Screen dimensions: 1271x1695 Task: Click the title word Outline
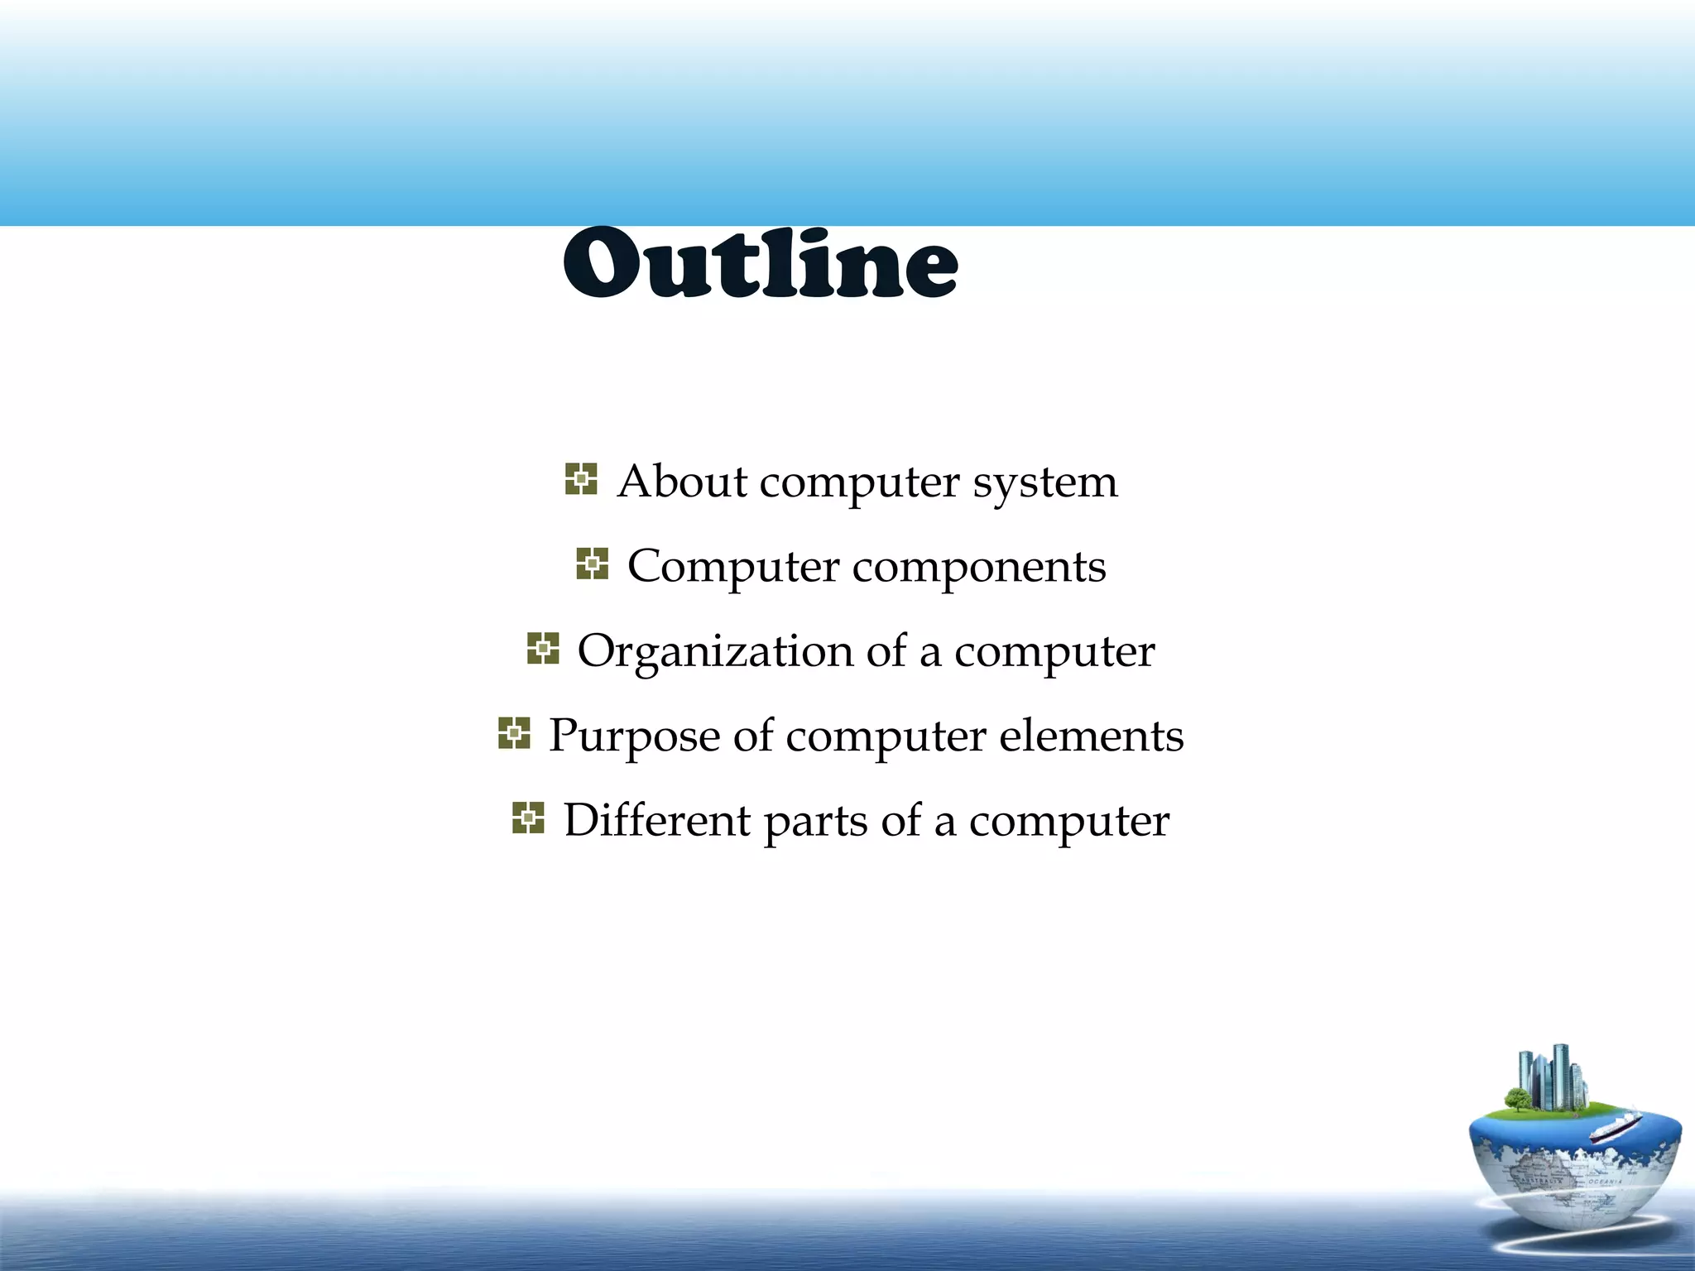click(761, 262)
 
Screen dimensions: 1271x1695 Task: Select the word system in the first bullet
click(1044, 482)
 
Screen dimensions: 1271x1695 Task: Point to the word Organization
click(714, 652)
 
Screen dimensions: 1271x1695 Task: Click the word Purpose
click(633, 736)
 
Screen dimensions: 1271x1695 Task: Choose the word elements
click(1091, 736)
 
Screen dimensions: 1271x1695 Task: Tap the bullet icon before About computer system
click(581, 479)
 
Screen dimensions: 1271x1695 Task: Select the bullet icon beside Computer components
click(592, 564)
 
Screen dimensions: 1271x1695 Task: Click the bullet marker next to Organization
click(543, 649)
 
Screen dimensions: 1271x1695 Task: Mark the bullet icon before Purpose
click(514, 733)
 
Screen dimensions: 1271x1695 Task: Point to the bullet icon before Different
click(528, 818)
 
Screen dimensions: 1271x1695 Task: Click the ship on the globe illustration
click(1614, 1127)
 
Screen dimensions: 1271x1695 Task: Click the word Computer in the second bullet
click(733, 567)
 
